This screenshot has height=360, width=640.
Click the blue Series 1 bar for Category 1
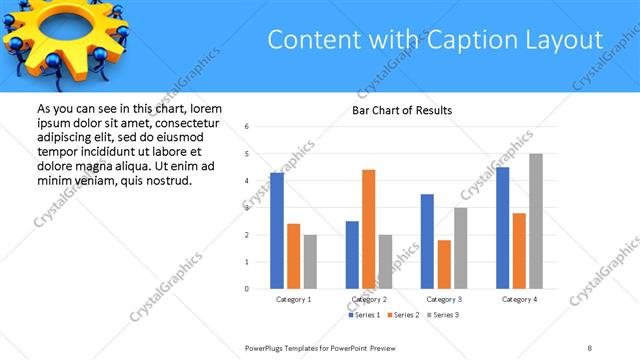click(x=277, y=230)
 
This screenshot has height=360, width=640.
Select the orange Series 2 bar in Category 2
click(x=369, y=229)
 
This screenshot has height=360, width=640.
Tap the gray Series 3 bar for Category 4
click(x=536, y=221)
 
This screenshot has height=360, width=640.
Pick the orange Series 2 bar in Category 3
click(x=444, y=264)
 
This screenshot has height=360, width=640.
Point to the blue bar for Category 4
click(x=503, y=228)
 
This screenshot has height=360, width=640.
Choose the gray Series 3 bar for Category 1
click(x=310, y=261)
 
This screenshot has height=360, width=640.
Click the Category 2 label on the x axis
click(x=369, y=299)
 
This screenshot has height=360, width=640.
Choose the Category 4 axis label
click(x=519, y=299)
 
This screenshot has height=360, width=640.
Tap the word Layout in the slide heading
click(x=560, y=40)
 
